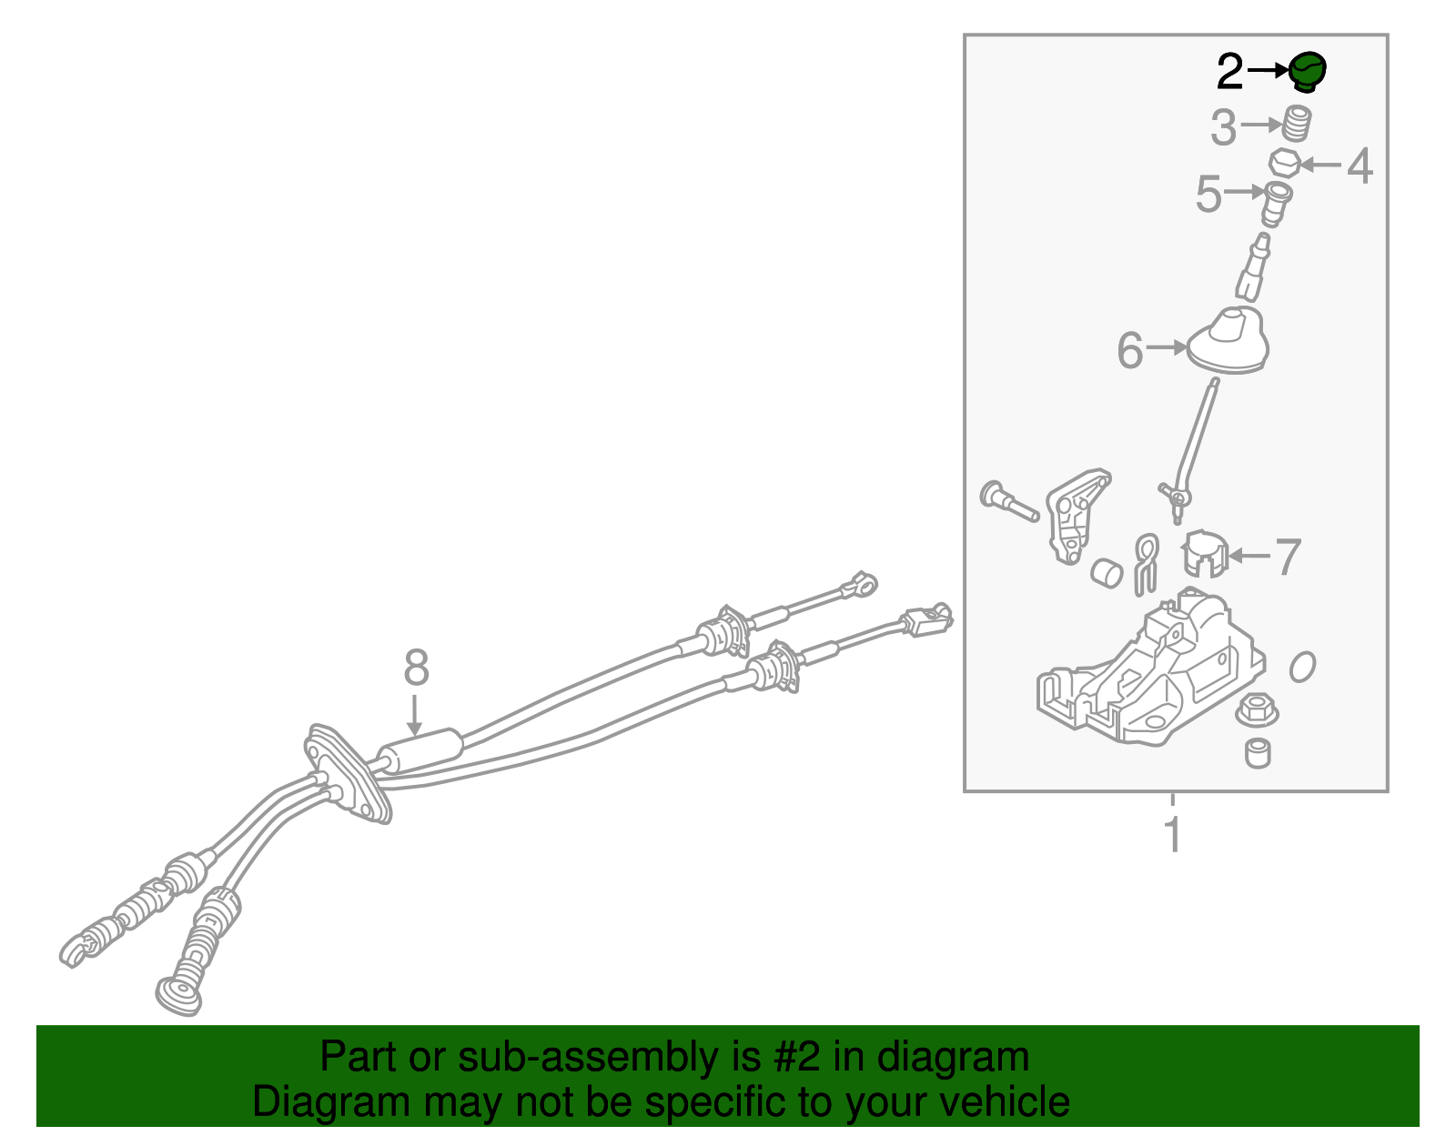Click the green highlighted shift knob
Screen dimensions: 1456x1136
[x=1307, y=72]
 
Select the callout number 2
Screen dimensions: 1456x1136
[x=1229, y=72]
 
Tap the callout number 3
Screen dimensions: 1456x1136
[x=1224, y=127]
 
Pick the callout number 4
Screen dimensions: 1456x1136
[x=1360, y=166]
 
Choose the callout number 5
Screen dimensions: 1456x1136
[x=1208, y=194]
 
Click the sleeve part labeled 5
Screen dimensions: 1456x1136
[x=1277, y=205]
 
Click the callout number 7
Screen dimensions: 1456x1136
[x=1287, y=557]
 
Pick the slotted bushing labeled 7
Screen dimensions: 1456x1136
[x=1203, y=554]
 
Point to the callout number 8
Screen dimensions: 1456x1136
[x=416, y=668]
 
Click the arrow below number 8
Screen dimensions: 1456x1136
[x=415, y=715]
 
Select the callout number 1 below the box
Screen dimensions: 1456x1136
[x=1172, y=835]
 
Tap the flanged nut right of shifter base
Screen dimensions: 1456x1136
[x=1257, y=710]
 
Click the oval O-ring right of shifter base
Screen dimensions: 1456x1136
[x=1302, y=667]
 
